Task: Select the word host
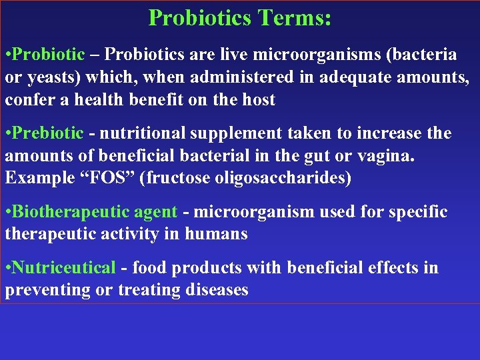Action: [x=260, y=100]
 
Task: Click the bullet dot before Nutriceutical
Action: [x=7, y=268]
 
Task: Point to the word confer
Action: [x=27, y=100]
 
